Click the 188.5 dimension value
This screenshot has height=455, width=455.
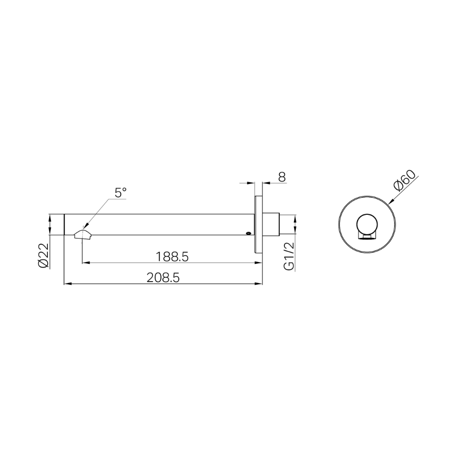(x=172, y=257)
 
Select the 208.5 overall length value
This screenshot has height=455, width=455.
(x=163, y=278)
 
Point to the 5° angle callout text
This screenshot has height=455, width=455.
(x=121, y=192)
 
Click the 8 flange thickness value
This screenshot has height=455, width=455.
(x=282, y=177)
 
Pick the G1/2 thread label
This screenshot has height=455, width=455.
(x=289, y=256)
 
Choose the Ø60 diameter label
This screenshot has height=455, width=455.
(x=405, y=181)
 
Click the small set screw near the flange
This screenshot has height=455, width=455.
(x=248, y=233)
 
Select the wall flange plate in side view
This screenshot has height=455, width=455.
(x=258, y=225)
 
